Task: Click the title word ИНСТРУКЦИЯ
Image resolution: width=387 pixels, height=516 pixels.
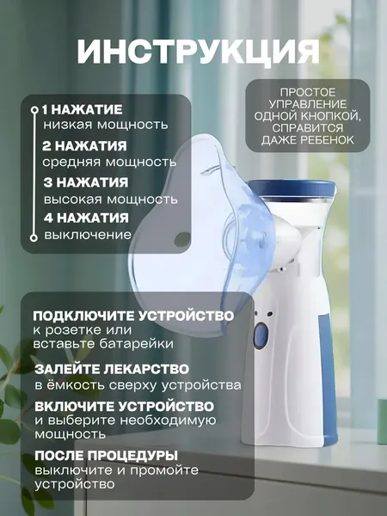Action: click(x=198, y=52)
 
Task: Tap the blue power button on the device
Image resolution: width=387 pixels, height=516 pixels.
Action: click(x=261, y=336)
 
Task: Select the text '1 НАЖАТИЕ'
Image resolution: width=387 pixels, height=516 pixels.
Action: click(x=83, y=110)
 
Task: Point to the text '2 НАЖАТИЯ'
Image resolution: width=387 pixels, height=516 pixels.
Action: click(x=84, y=146)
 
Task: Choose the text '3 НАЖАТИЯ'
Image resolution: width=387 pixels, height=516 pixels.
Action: click(x=85, y=182)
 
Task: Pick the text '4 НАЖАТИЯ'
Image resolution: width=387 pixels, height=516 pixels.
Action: click(x=86, y=218)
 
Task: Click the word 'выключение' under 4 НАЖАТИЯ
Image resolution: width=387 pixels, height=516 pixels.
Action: click(x=88, y=236)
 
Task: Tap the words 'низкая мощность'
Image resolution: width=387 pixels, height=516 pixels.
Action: click(x=106, y=125)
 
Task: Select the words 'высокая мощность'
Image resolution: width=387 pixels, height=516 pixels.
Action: click(x=111, y=200)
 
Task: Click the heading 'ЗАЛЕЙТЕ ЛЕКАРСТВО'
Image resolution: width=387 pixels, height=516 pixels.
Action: click(x=112, y=369)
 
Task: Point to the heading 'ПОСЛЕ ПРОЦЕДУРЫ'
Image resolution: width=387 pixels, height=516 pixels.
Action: click(x=106, y=456)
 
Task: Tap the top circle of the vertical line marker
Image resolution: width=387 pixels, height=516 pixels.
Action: click(x=34, y=109)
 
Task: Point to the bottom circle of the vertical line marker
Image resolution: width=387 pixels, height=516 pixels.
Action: click(x=34, y=238)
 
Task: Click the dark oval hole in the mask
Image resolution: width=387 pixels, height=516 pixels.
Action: click(x=182, y=239)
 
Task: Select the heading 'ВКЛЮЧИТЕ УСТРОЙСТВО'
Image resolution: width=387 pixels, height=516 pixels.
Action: click(x=124, y=407)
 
